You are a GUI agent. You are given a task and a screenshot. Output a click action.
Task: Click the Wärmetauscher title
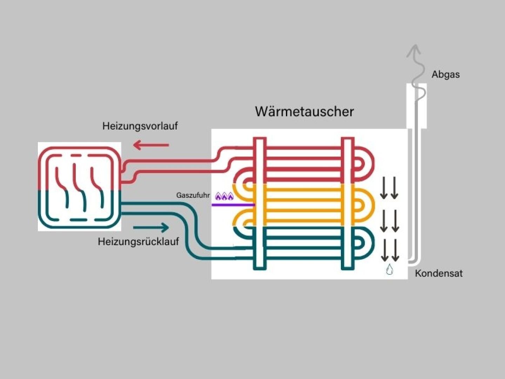coord(304,112)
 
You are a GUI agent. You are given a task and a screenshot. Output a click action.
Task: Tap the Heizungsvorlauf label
coord(140,126)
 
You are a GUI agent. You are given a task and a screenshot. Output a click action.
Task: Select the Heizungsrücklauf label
coord(138,241)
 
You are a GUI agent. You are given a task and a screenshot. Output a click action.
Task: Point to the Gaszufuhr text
coord(193,195)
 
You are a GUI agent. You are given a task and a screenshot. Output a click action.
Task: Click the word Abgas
coord(445,74)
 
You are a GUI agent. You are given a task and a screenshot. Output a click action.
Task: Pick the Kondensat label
coord(438,273)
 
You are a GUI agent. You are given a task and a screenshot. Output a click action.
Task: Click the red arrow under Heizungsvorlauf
coord(151,145)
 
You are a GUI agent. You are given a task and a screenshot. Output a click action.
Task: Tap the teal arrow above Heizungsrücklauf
coord(151,227)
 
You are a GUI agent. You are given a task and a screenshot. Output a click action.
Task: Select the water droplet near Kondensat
coord(389,270)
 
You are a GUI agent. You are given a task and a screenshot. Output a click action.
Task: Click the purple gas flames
coord(224,197)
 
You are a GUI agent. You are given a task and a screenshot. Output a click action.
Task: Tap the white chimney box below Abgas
coord(417,105)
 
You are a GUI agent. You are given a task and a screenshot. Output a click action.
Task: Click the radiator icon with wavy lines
coord(79,187)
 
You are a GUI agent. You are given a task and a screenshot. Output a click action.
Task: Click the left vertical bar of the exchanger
coord(260,204)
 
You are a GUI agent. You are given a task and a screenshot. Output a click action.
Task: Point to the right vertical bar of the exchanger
coord(348,204)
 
